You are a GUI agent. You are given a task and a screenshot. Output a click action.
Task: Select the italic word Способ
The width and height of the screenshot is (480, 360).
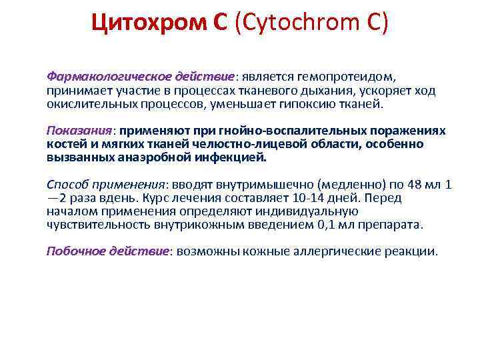[68, 185]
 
